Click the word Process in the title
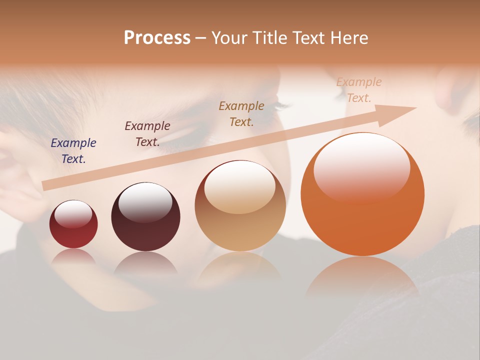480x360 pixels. pyautogui.click(x=157, y=38)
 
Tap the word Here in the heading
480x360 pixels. pyautogui.click(x=349, y=38)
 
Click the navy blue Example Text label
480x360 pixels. pyautogui.click(x=73, y=151)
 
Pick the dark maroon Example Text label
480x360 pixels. pyautogui.click(x=147, y=134)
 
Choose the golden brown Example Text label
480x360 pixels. pyautogui.click(x=241, y=114)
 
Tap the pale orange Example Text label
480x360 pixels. pyautogui.click(x=359, y=90)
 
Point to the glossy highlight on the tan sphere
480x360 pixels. pyautogui.click(x=240, y=185)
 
